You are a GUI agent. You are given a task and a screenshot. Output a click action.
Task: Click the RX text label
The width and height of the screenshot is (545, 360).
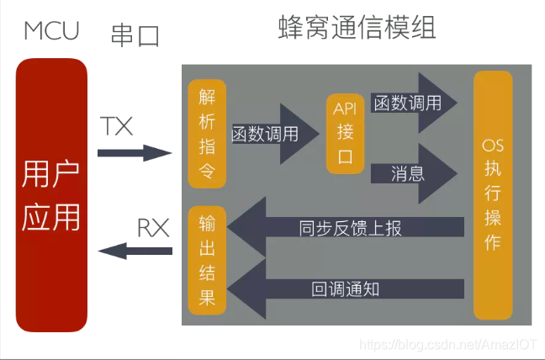[153, 227]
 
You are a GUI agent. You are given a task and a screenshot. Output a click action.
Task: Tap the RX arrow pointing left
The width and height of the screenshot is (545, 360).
[135, 250]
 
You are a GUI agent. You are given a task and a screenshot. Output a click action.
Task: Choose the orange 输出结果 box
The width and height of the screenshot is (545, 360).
[206, 261]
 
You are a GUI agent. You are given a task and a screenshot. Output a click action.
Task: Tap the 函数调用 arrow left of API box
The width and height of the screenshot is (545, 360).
[269, 134]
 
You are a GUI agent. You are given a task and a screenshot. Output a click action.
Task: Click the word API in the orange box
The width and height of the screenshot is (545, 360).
[345, 109]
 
